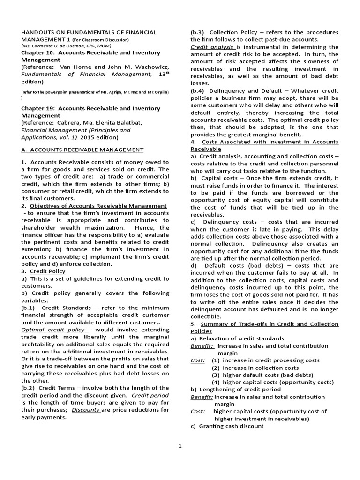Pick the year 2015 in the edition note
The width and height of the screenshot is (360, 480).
90,137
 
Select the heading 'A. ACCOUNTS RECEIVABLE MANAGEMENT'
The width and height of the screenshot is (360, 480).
82,150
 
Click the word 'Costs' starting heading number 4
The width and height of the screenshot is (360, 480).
211,142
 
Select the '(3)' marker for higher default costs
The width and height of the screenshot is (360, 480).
216,375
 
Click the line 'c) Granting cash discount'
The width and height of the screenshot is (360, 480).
227,426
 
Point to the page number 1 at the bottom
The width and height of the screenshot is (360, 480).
179,446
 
